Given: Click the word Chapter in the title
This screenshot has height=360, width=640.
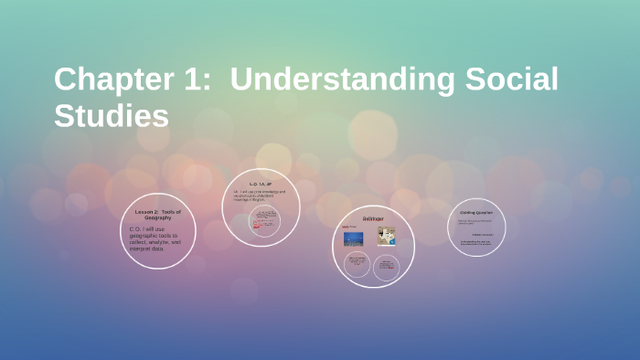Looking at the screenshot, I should [x=108, y=79].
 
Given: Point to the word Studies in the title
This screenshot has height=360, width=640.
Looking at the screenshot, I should [x=112, y=116].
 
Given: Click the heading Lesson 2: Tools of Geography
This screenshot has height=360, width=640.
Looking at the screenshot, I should [x=157, y=215].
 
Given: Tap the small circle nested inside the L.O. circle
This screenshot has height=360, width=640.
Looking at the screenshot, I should [x=266, y=223].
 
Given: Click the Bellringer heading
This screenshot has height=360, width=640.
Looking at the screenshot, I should [x=373, y=219].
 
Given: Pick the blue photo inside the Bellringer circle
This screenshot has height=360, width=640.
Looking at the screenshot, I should [x=353, y=238].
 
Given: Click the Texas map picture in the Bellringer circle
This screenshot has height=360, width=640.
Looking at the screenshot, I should [x=386, y=236].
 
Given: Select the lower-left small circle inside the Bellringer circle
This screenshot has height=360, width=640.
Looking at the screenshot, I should [x=357, y=266].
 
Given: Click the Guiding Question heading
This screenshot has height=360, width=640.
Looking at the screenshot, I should [x=476, y=213].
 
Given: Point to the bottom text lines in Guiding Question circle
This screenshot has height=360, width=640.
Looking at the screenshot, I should [x=476, y=243].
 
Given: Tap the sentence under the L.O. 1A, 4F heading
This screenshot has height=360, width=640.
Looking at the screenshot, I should [x=260, y=194].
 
